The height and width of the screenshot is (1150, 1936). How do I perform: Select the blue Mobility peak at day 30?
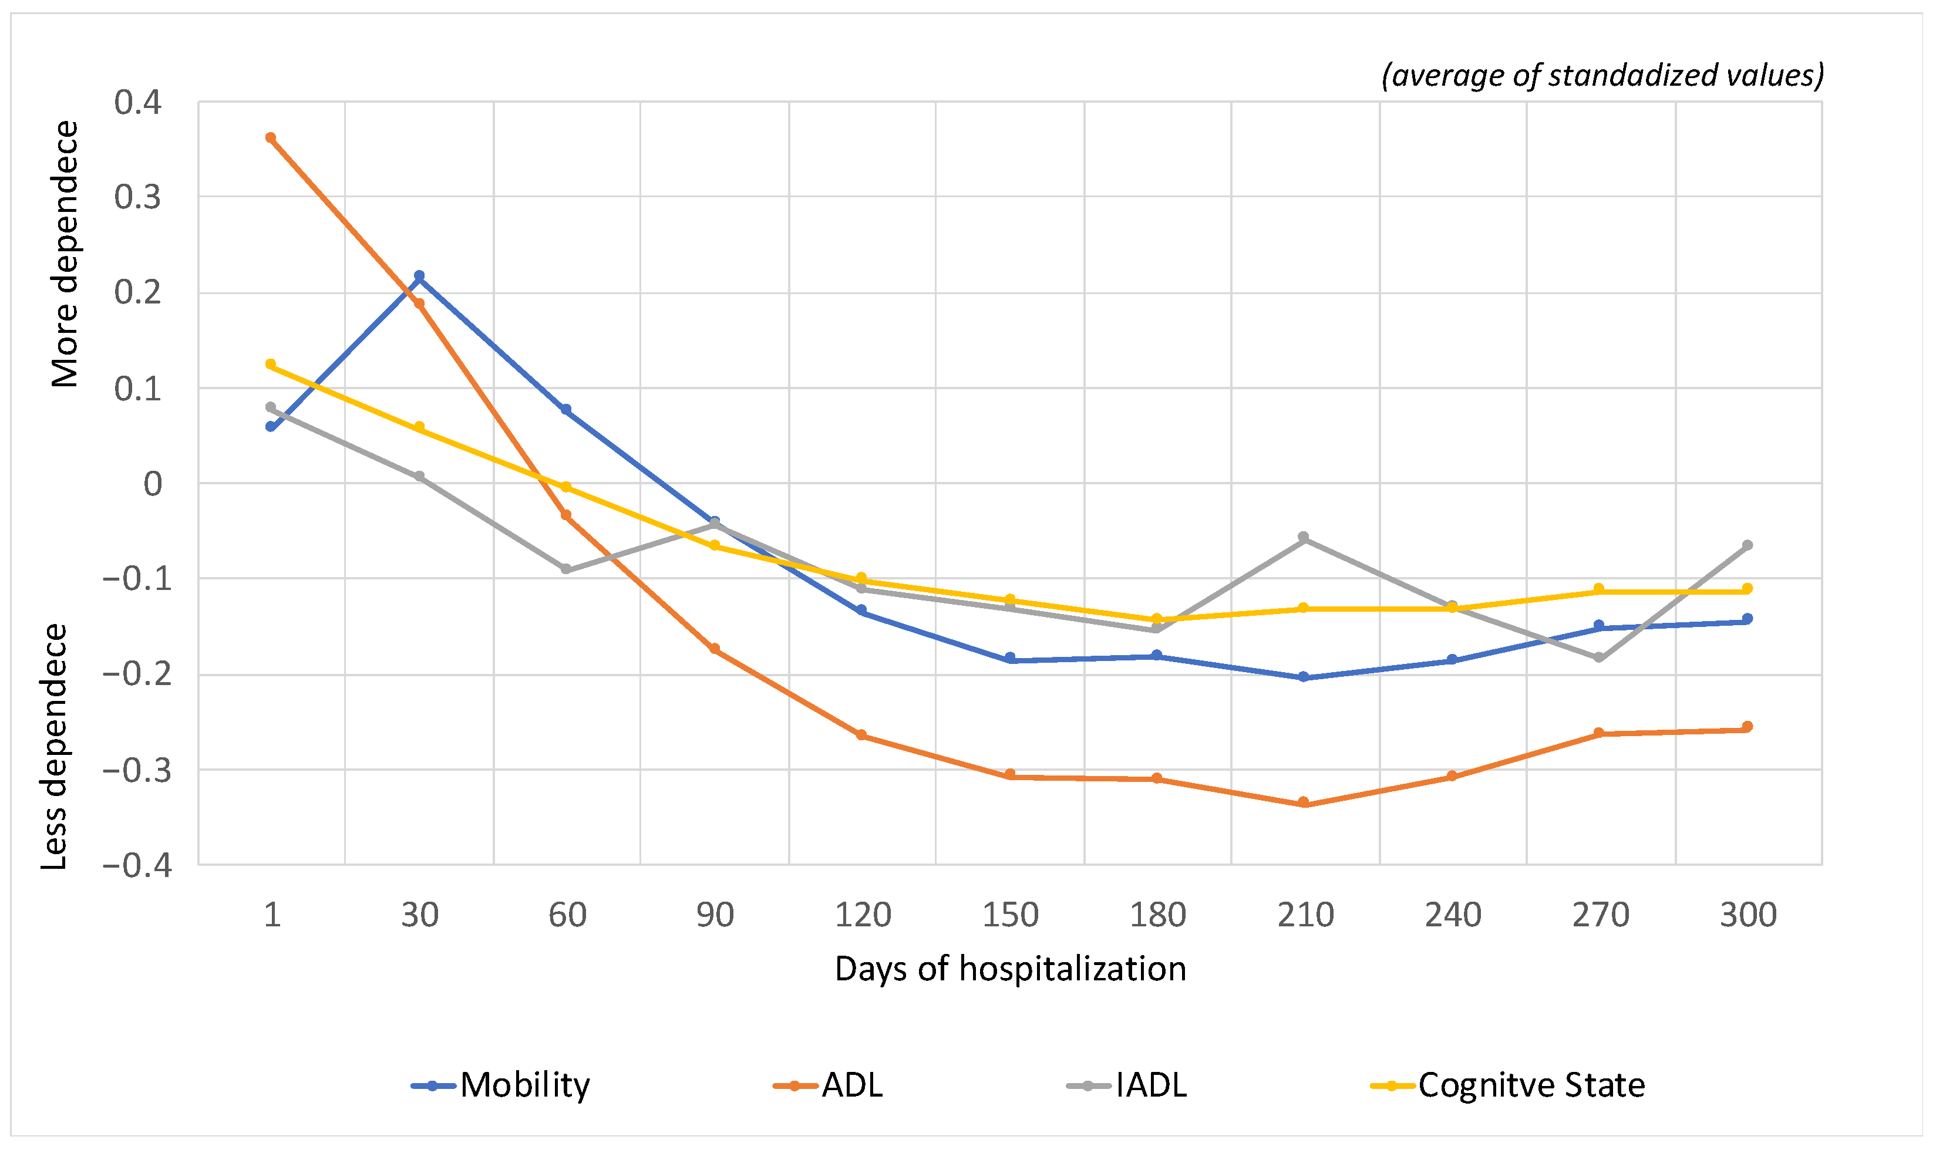coord(419,276)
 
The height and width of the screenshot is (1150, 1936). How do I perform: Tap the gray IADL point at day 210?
coord(1304,537)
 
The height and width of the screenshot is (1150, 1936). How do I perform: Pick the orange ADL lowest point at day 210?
coord(1304,802)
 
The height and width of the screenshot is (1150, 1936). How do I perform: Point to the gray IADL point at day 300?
coord(1748,545)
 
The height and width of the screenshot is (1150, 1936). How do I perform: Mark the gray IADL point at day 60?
coord(565,569)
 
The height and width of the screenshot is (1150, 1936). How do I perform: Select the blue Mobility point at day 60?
coord(565,409)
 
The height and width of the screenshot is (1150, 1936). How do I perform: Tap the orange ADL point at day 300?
coord(1748,727)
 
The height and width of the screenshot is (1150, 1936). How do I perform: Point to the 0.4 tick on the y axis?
coord(138,102)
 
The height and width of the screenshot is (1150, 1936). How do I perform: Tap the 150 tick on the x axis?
coord(1010,915)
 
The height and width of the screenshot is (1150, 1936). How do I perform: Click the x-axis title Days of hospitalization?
coord(1010,969)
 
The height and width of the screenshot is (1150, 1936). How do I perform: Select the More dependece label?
coord(65,254)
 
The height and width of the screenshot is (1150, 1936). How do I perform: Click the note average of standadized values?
coord(1602,75)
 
